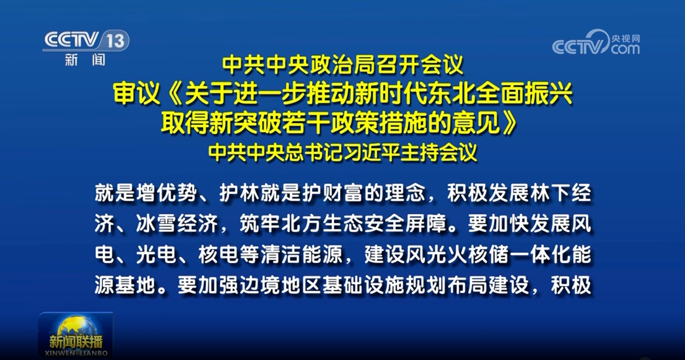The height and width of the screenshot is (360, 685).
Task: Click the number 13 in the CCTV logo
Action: [x=116, y=41]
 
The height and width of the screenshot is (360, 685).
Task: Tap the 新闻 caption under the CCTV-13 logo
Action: [x=85, y=60]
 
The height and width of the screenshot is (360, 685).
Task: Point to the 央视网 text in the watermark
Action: [x=625, y=39]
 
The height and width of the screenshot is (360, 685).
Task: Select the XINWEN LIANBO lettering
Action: [x=76, y=353]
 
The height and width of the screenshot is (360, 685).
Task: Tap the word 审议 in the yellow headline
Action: [x=137, y=93]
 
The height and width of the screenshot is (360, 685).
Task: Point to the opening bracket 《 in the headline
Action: [x=173, y=93]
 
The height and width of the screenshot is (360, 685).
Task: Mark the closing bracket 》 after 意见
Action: [x=509, y=122]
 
